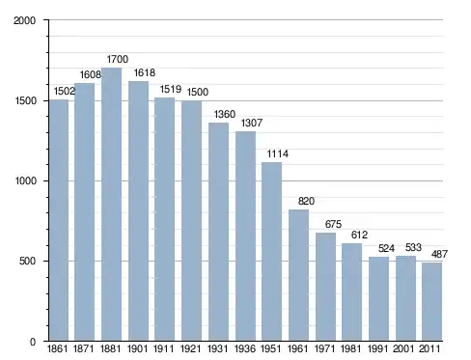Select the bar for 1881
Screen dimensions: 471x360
click(x=111, y=205)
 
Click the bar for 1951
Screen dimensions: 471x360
click(x=271, y=252)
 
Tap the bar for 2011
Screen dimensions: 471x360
click(x=431, y=302)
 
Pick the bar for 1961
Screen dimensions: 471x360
click(x=298, y=275)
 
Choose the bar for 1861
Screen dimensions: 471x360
click(x=59, y=220)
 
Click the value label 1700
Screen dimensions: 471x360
click(x=118, y=59)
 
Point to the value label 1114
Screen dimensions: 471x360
click(x=278, y=153)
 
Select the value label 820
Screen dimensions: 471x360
click(x=306, y=201)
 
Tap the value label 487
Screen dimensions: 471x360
click(x=439, y=254)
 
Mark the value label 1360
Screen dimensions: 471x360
click(x=225, y=114)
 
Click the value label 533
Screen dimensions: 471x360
click(x=413, y=247)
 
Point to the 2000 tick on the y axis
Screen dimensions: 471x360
click(x=24, y=20)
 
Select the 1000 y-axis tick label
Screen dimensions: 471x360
click(x=25, y=180)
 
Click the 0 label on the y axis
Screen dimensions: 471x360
click(x=33, y=342)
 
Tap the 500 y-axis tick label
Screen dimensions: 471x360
click(x=27, y=261)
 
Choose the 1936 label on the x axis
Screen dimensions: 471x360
click(x=245, y=348)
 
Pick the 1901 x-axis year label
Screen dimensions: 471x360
click(x=137, y=348)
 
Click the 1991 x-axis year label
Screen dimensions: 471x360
click(x=378, y=348)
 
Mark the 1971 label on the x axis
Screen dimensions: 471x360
click(x=324, y=348)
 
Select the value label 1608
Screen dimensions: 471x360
click(x=91, y=74)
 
